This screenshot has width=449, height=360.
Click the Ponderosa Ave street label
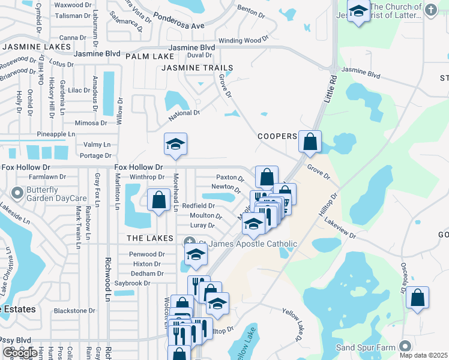coord(178,26)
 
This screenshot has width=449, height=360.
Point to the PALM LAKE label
coord(141,56)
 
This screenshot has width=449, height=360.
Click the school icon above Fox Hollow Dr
coord(176,144)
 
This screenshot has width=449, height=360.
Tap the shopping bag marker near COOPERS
coord(310,142)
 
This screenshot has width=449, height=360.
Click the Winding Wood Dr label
coord(244,40)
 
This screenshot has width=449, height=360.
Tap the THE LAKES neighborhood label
coord(150,238)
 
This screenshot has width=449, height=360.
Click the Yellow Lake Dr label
coord(292,325)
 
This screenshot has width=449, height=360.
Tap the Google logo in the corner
coord(19,353)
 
